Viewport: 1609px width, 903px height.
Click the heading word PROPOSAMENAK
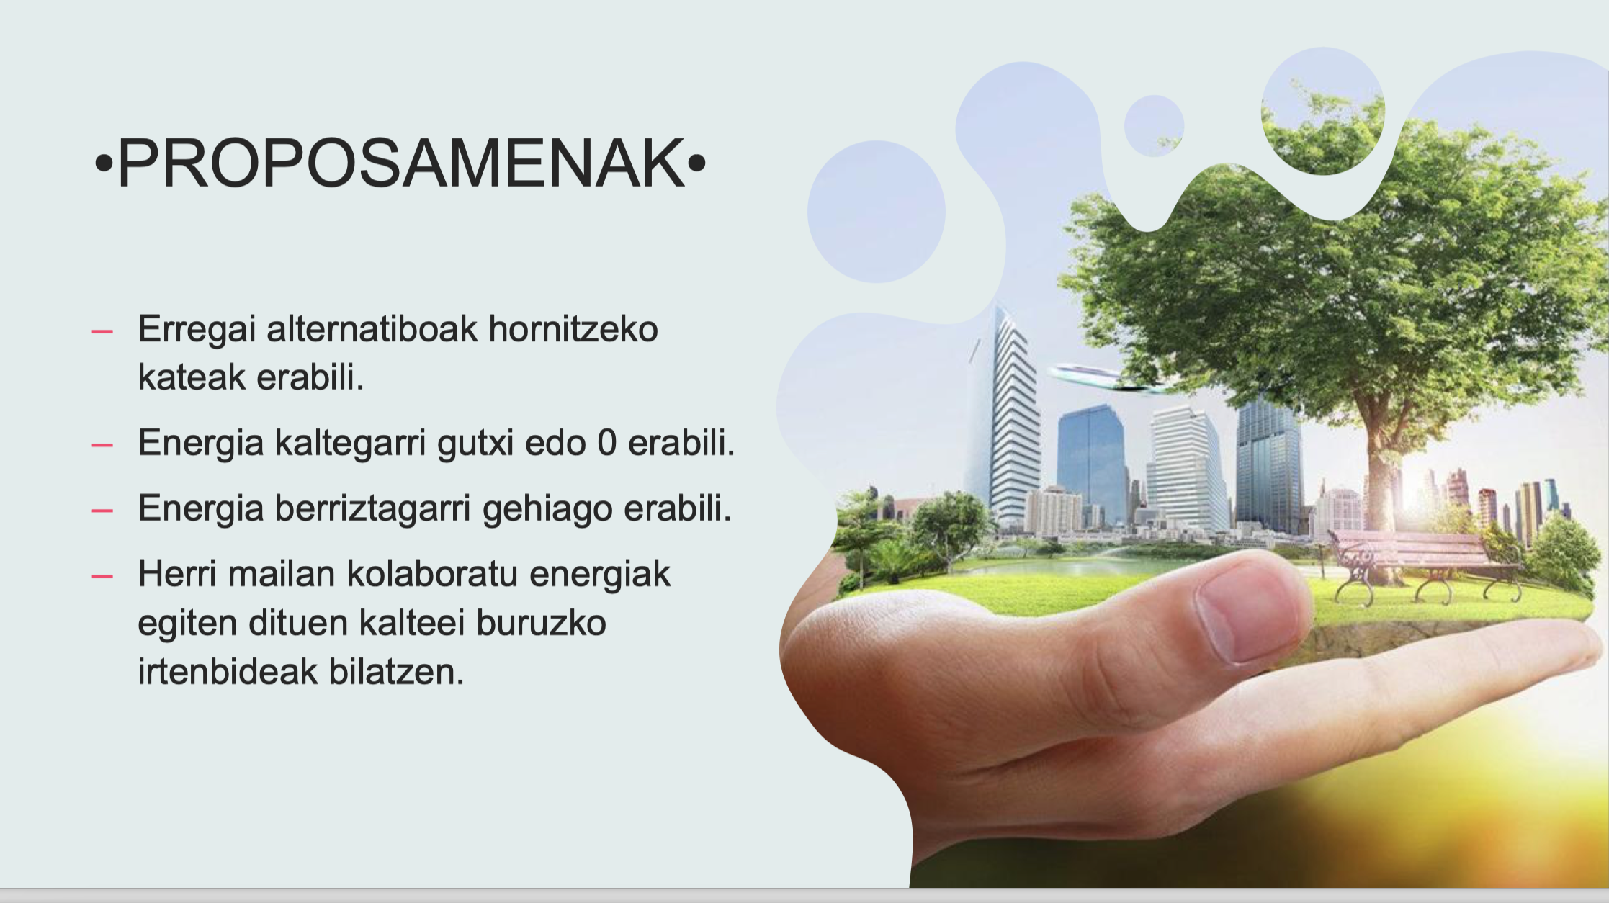click(401, 163)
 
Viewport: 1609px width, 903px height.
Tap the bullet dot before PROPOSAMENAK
click(104, 164)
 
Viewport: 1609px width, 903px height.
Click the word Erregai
click(197, 330)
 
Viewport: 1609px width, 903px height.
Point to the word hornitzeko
click(573, 328)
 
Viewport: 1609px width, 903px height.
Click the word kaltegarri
click(350, 443)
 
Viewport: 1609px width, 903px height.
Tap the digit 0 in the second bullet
click(606, 442)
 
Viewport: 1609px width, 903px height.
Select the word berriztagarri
click(372, 508)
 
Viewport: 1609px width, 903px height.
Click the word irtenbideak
click(228, 671)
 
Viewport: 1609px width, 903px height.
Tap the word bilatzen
click(396, 671)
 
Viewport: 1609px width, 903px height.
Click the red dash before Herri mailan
click(102, 575)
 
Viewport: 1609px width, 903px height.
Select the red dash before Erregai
click(102, 331)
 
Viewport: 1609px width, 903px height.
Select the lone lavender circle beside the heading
click(876, 211)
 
